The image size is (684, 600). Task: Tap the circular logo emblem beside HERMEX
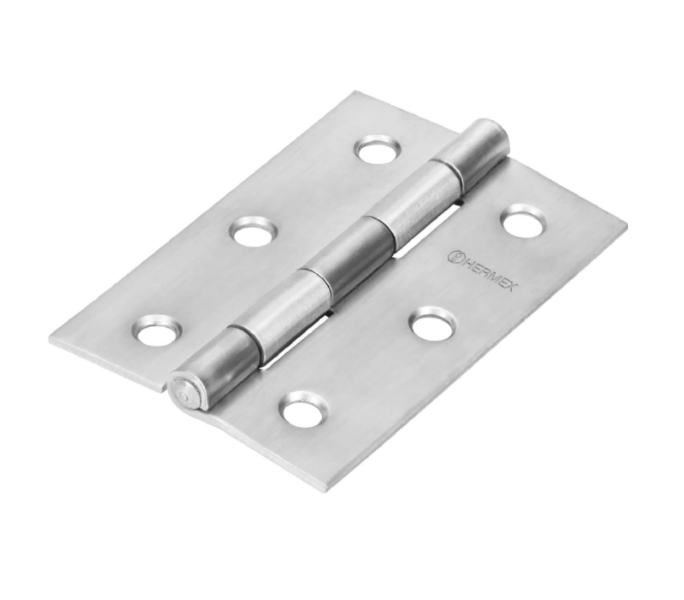454,255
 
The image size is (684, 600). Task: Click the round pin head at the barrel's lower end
182,392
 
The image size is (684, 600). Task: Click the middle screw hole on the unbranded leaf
254,232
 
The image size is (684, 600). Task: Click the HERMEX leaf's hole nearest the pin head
304,410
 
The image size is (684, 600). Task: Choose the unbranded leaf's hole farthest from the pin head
378,149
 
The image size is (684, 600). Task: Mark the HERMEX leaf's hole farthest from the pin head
523,220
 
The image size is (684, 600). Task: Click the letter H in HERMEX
465,261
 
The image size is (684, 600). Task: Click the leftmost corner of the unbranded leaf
50,338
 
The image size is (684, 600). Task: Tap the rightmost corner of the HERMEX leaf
625,227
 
